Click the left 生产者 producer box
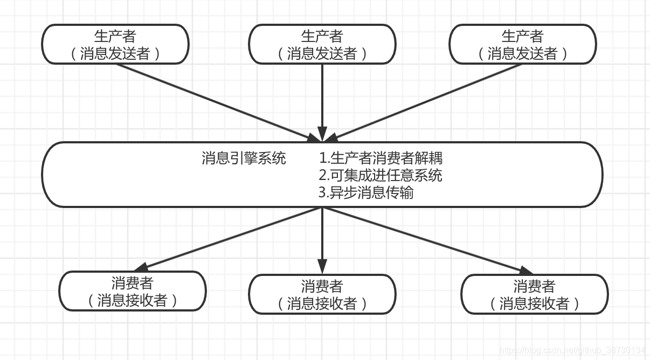point(115,44)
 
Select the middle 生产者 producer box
point(322,44)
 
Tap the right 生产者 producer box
point(523,44)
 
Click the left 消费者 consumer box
point(133,291)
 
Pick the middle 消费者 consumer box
point(322,294)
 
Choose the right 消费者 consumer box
point(535,294)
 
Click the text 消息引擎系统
point(244,158)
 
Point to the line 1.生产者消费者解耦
point(381,158)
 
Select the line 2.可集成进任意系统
point(380,175)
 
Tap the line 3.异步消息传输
point(366,192)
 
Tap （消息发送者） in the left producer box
point(115,53)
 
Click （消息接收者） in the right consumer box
point(535,303)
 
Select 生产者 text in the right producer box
point(523,36)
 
